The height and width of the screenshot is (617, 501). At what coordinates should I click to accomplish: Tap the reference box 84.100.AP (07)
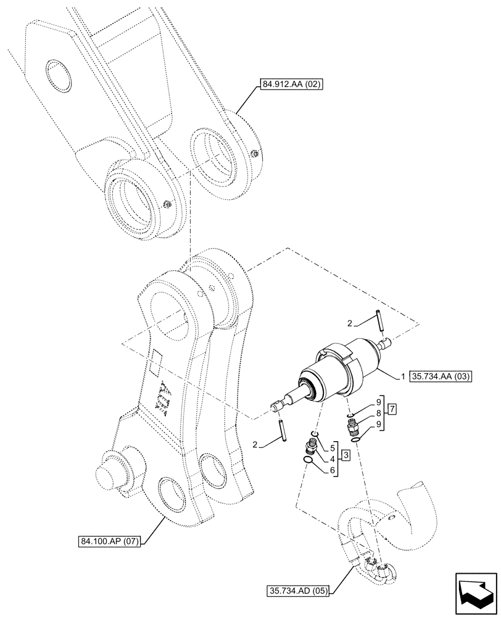pos(109,542)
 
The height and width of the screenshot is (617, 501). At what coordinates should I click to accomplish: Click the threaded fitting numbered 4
pos(310,446)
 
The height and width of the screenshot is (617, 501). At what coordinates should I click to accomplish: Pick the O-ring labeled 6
pos(306,458)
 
